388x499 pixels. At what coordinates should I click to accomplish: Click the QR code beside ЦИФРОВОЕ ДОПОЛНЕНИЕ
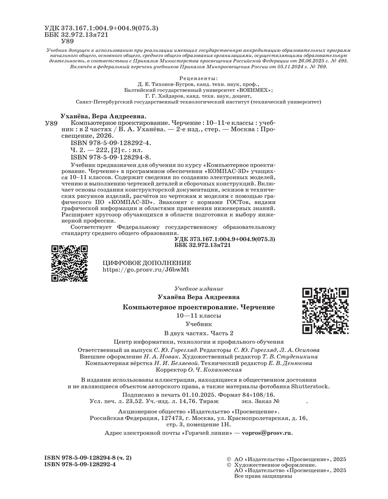(70, 263)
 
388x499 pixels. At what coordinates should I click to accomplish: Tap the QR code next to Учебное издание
(325, 311)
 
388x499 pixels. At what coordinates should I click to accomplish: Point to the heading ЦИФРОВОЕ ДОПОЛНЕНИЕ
(146, 263)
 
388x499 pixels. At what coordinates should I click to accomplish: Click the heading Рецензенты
(198, 79)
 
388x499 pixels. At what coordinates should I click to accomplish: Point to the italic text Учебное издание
(199, 288)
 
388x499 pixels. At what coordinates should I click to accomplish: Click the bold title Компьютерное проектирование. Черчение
(199, 307)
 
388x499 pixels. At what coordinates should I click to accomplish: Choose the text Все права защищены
(263, 476)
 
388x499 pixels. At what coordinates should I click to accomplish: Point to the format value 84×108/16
(257, 395)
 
